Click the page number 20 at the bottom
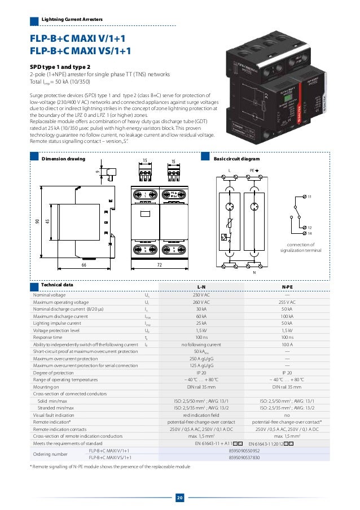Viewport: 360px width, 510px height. click(x=180, y=498)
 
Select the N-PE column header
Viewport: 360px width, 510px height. click(x=287, y=287)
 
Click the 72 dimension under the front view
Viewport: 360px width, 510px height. click(x=160, y=264)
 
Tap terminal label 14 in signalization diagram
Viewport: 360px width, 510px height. click(x=310, y=233)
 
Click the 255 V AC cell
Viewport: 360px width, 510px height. click(x=287, y=302)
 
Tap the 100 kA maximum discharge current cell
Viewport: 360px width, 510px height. click(x=287, y=316)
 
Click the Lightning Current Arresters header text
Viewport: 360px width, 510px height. click(x=72, y=20)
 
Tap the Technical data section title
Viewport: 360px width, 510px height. click(x=57, y=285)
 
